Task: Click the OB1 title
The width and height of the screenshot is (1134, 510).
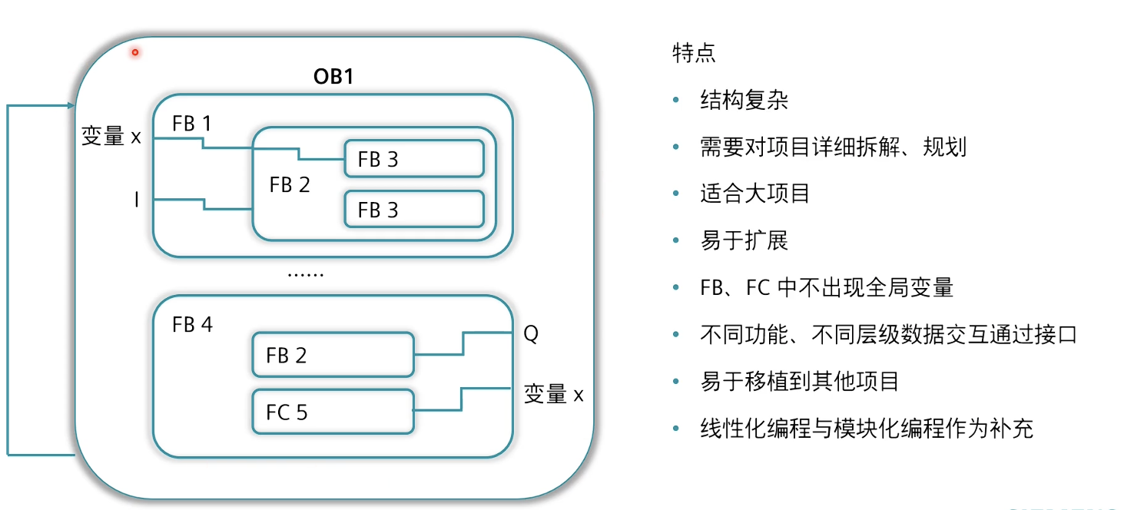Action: [333, 77]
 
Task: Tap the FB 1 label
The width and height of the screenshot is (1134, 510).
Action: [191, 124]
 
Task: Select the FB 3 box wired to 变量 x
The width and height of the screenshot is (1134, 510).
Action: [413, 159]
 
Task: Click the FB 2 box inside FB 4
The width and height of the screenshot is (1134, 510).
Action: [333, 355]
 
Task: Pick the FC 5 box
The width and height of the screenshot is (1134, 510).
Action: [333, 412]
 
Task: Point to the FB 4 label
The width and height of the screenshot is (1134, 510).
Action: [192, 325]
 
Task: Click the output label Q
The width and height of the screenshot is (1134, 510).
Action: [531, 334]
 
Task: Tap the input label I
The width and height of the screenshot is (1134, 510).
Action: [136, 200]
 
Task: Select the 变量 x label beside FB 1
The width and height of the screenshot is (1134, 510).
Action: [111, 137]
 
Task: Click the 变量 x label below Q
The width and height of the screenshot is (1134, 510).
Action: [553, 395]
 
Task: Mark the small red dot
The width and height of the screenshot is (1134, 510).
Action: [134, 52]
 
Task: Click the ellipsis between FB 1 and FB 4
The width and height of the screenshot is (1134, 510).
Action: [305, 274]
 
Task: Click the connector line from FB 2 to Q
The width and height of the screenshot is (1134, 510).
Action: [463, 343]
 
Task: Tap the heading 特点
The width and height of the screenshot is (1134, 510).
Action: [693, 53]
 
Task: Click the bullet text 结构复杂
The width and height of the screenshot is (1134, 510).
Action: [744, 101]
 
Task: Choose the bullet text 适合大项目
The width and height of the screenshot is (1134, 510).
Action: [754, 193]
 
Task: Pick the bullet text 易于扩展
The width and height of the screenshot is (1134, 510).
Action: [744, 240]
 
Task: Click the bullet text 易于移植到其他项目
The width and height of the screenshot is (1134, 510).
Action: [799, 382]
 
